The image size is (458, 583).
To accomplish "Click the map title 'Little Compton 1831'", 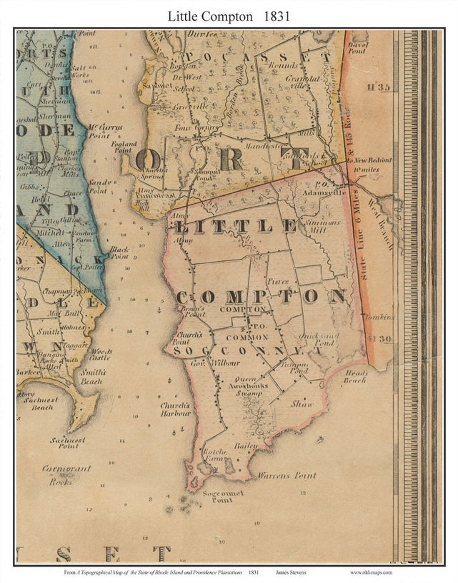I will pyautogui.click(x=229, y=16).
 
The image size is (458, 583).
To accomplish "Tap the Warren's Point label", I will pyautogui.click(x=287, y=476).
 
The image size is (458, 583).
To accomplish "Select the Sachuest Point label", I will pyautogui.click(x=68, y=443).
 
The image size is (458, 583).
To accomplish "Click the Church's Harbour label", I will pyautogui.click(x=175, y=409).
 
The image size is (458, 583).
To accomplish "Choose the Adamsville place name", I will pyautogui.click(x=324, y=192).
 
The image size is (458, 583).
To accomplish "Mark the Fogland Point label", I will pyautogui.click(x=124, y=147).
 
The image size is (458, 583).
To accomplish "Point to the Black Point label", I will pyautogui.click(x=120, y=253).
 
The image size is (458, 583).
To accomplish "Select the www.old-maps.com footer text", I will pyautogui.click(x=371, y=572).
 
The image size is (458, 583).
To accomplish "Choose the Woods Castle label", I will pyautogui.click(x=102, y=354).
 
